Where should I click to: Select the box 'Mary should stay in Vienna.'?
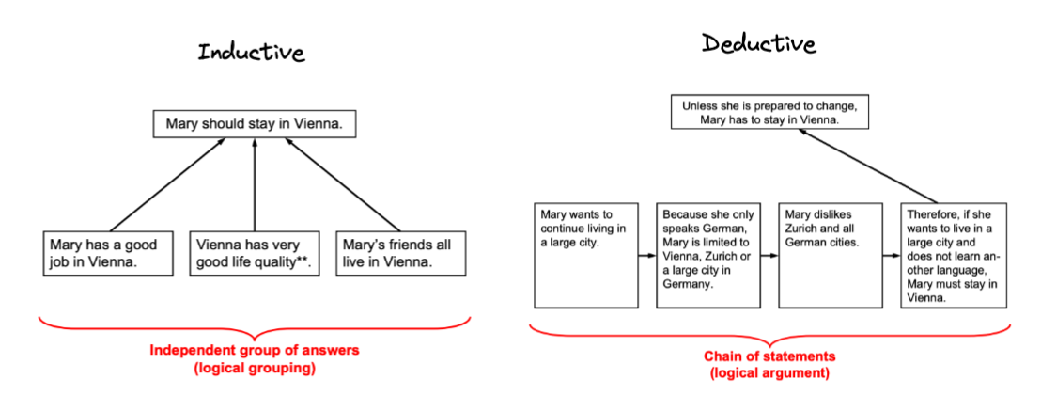[254, 123]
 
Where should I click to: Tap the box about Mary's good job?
[106, 253]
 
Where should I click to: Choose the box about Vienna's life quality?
[254, 253]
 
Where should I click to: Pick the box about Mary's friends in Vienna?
[399, 253]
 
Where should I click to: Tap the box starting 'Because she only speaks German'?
[707, 254]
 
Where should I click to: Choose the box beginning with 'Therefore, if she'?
[954, 254]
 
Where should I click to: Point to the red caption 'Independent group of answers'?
[254, 351]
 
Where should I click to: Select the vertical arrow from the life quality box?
[254, 186]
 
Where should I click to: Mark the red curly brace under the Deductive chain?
[770, 333]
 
